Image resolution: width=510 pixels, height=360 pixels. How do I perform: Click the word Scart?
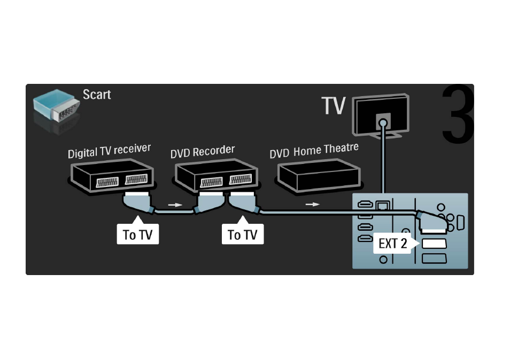(97, 95)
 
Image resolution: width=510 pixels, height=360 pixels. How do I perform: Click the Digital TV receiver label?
(109, 151)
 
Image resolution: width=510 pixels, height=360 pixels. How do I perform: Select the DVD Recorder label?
(202, 151)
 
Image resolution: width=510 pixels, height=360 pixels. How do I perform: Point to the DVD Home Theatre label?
(314, 151)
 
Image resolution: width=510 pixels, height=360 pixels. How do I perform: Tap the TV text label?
(334, 105)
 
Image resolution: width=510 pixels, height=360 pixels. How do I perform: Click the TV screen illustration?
(381, 115)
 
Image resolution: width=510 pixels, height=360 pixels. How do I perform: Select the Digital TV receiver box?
(112, 176)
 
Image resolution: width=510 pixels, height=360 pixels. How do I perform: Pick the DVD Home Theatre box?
(319, 176)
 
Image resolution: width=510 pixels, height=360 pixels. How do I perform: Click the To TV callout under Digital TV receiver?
(138, 231)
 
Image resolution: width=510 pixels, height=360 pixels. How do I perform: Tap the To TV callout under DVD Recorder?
(243, 231)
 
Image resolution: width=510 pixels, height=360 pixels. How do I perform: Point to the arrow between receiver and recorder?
(175, 205)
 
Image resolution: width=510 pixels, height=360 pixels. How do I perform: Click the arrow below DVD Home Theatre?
(313, 205)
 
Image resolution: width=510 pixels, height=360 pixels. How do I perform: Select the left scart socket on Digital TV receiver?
(107, 182)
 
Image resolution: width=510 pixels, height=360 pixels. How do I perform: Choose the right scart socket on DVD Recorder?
(241, 179)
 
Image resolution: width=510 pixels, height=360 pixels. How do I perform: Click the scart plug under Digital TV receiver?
(138, 202)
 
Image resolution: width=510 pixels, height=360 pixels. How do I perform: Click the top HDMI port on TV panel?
(365, 205)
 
